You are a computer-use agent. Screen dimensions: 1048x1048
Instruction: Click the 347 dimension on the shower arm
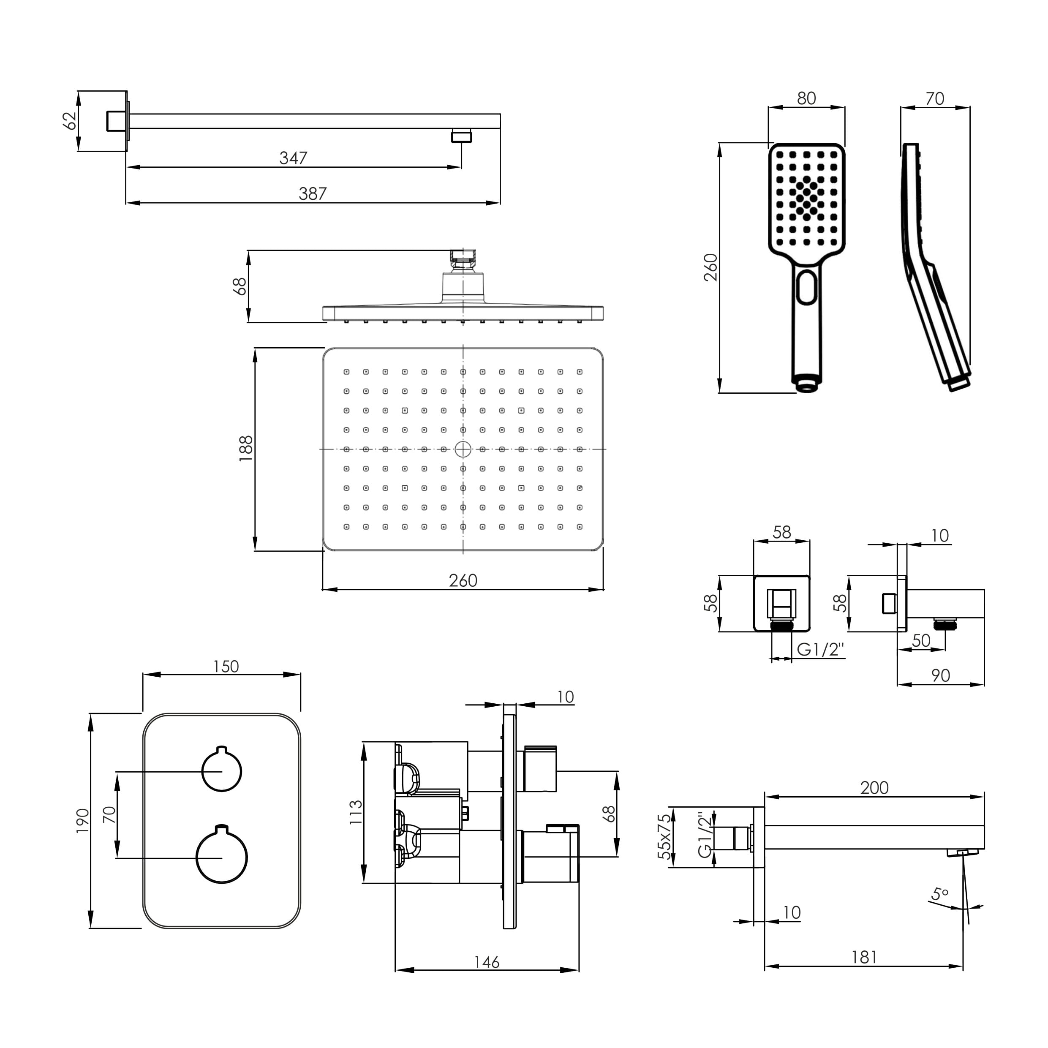pos(294,158)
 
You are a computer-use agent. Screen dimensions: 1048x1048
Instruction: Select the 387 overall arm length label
pos(313,193)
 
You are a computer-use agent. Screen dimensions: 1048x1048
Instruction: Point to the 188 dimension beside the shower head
pos(246,449)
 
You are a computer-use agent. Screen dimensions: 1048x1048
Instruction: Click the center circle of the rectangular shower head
pos(463,449)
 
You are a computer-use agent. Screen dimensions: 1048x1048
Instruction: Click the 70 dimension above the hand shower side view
pos(935,99)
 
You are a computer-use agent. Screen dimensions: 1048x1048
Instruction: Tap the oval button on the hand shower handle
pos(807,286)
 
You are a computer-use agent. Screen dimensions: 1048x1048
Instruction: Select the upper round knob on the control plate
pos(221,771)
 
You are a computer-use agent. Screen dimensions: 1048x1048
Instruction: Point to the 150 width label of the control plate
pos(226,666)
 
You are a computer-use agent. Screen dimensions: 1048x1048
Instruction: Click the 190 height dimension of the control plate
pos(82,821)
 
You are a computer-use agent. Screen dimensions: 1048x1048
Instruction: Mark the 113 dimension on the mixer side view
pos(355,812)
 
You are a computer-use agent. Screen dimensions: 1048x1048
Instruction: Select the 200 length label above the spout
pos(874,788)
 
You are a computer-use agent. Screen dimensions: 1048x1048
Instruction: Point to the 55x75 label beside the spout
pos(664,836)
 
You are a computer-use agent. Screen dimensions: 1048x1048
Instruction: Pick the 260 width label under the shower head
pos(463,580)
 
